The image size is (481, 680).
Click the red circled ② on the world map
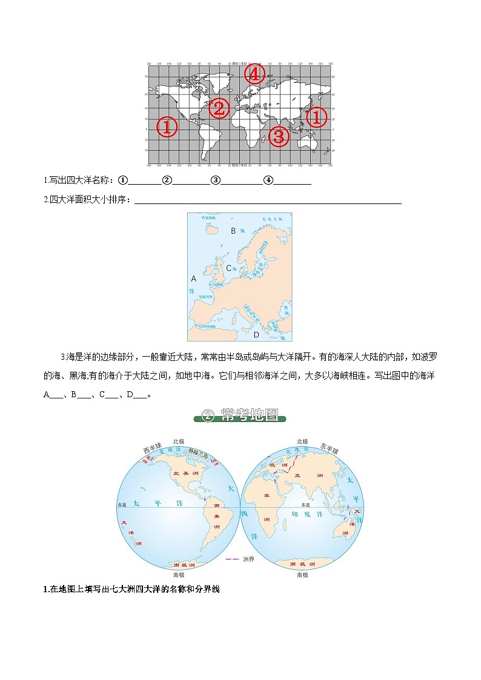click(219, 109)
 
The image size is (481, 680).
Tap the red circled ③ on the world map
click(278, 136)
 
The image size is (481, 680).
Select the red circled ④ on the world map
click(254, 74)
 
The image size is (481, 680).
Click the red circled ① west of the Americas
click(167, 127)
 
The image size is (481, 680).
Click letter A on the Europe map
click(194, 279)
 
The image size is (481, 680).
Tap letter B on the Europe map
click(233, 231)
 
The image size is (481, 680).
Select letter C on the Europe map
click(229, 268)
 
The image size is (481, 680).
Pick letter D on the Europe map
click(256, 334)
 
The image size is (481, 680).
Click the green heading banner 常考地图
click(240, 416)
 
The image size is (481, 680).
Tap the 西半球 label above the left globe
click(152, 449)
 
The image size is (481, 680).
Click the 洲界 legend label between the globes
click(248, 559)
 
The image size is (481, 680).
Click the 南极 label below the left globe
click(179, 575)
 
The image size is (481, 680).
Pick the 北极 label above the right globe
click(302, 442)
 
